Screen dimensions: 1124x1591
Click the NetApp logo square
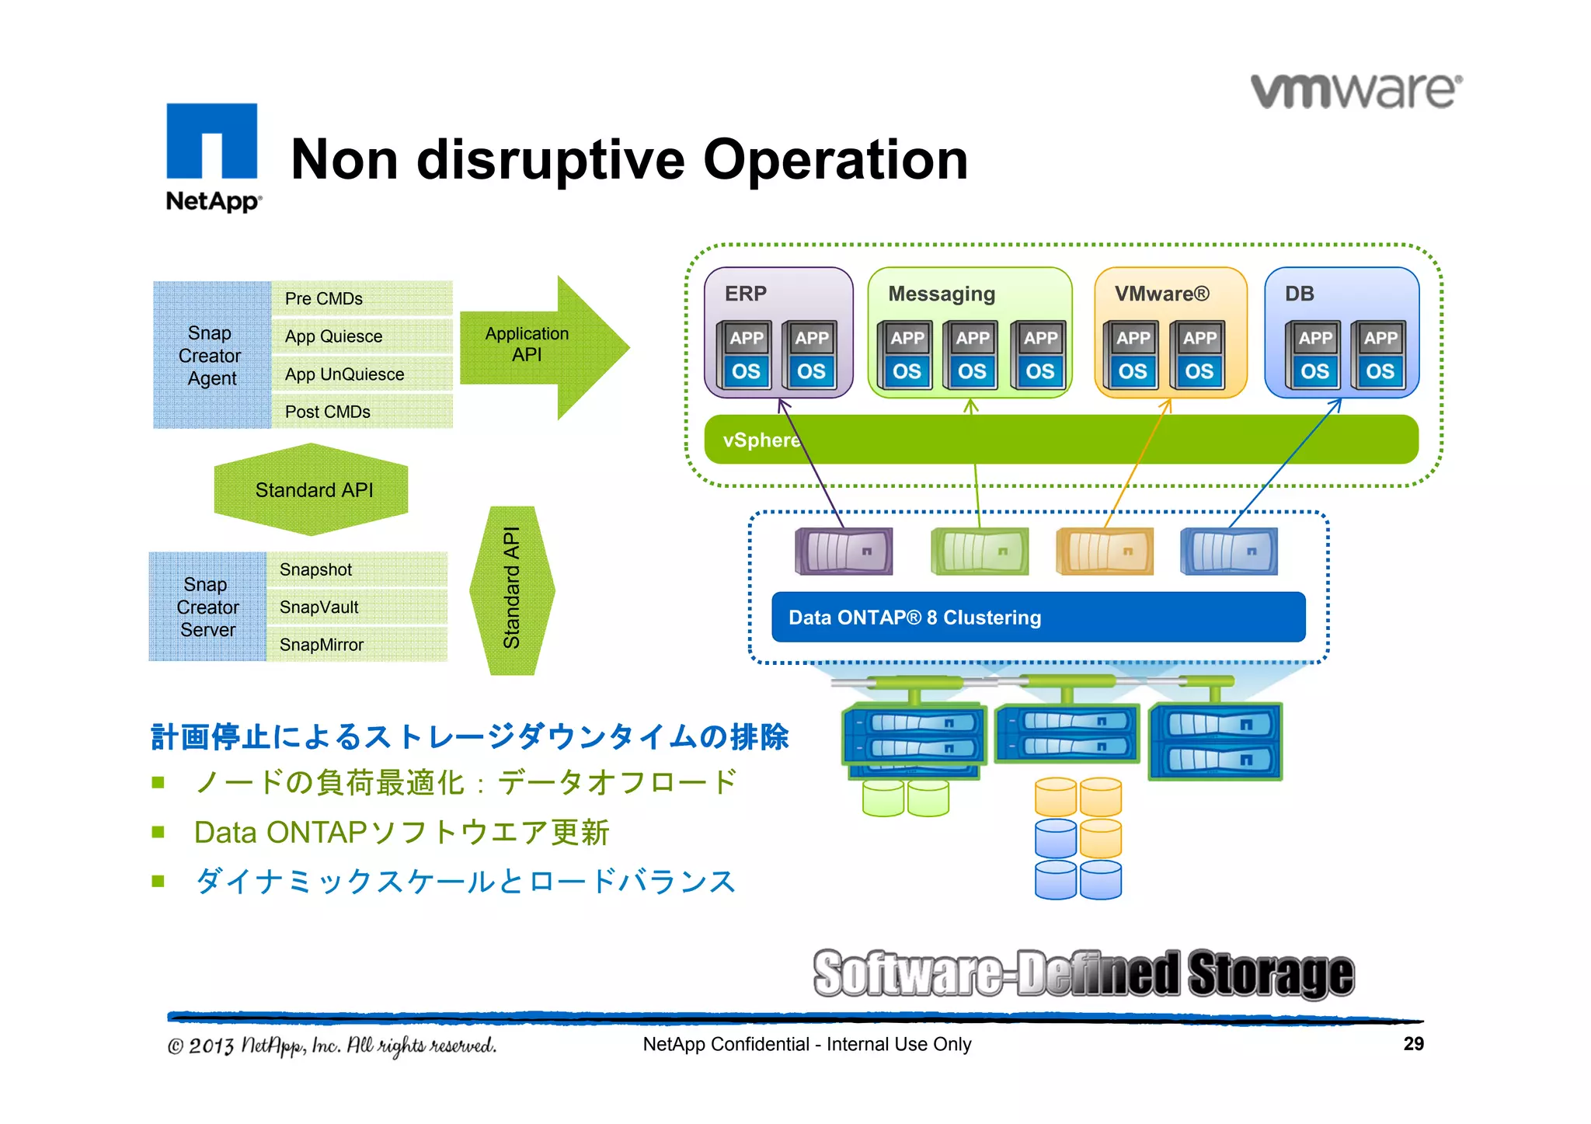(x=211, y=141)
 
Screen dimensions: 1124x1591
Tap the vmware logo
(x=1356, y=92)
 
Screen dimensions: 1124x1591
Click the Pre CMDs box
(x=361, y=299)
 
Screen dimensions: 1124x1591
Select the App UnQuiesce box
(x=361, y=374)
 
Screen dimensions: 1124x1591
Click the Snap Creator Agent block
(x=211, y=355)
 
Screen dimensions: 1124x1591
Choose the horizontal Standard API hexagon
(x=312, y=490)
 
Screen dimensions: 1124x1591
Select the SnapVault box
(x=356, y=607)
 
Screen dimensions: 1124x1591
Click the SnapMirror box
(x=356, y=645)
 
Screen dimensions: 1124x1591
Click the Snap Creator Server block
(x=207, y=607)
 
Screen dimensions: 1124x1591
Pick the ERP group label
(x=745, y=294)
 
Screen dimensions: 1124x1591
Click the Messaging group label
(x=941, y=294)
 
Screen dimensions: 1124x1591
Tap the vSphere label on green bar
(x=760, y=440)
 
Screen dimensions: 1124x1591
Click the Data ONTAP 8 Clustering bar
(x=1038, y=618)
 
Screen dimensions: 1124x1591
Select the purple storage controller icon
(x=844, y=552)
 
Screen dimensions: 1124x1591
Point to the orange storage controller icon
(x=1104, y=552)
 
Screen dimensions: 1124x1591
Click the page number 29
(x=1413, y=1044)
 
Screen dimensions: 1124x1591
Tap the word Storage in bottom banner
(x=1271, y=973)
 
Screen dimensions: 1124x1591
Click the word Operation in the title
(x=835, y=160)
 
